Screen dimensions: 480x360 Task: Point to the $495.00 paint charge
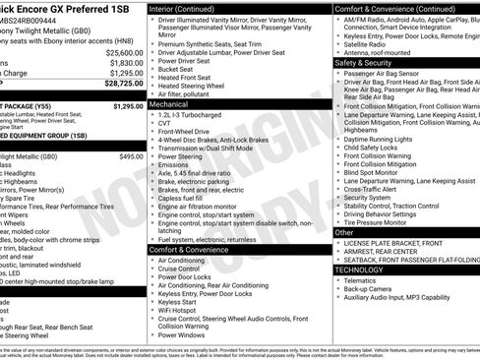[x=131, y=156]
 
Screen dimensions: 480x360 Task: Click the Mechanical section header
[x=170, y=102]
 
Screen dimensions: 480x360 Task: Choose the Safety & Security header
[x=363, y=62]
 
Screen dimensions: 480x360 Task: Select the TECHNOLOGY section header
[x=358, y=269]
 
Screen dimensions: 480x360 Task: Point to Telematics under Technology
[x=365, y=278]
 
